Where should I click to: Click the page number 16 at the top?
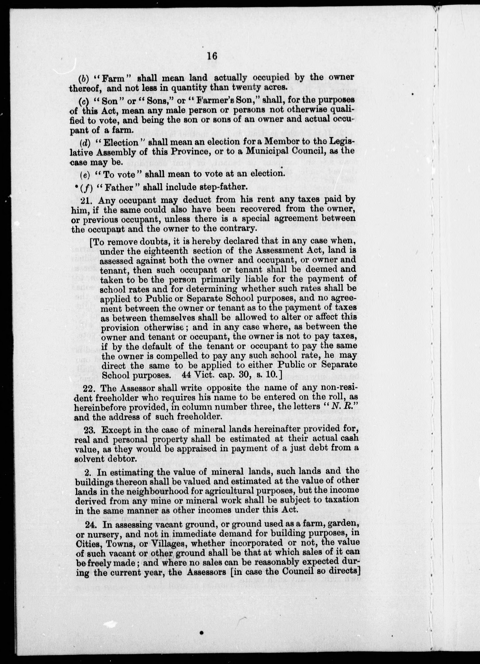point(212,56)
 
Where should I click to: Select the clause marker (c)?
point(84,100)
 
